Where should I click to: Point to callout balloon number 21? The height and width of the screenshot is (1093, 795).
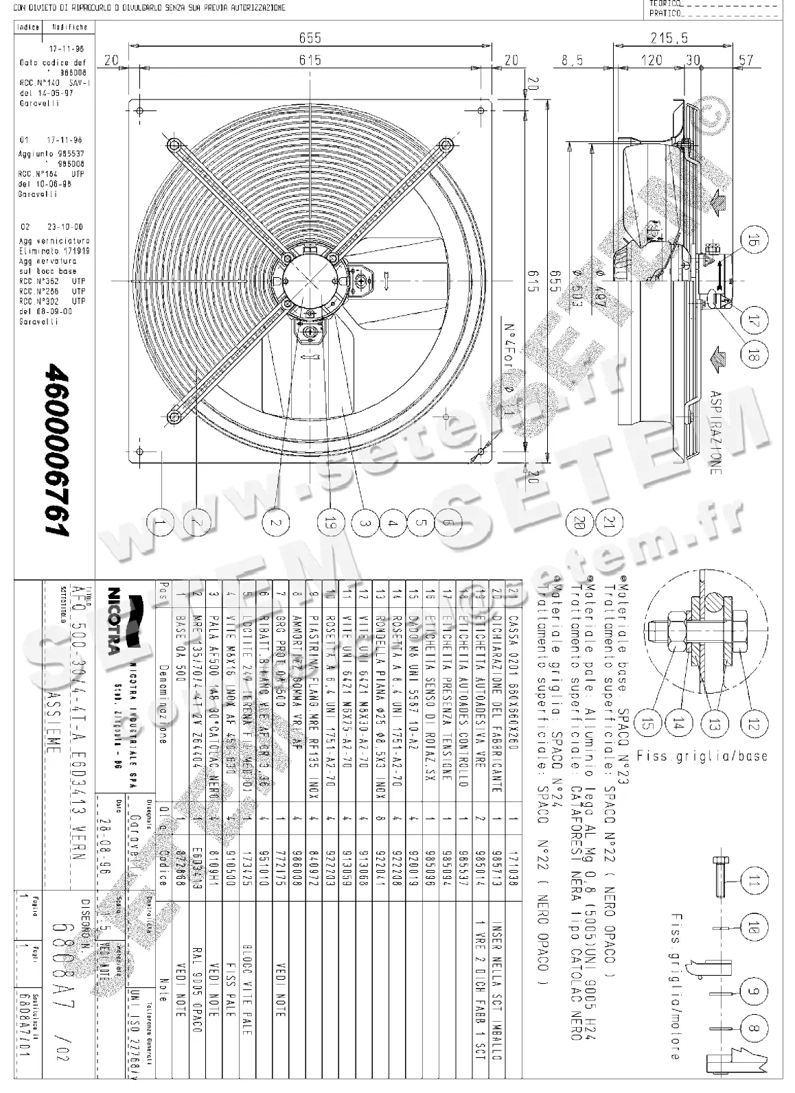609,523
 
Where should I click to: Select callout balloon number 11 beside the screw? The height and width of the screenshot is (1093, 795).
754,881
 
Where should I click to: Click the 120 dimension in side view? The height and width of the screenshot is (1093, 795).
652,60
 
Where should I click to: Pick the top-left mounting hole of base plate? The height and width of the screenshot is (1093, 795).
139,111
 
